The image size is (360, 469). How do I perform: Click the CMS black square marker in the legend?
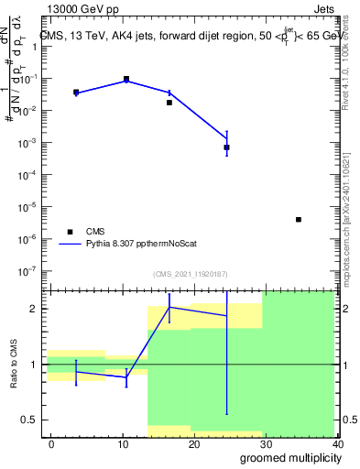pyautogui.click(x=67, y=232)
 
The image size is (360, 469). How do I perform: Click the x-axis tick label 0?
pyautogui.click(x=51, y=444)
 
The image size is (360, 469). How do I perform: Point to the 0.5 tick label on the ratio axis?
pyautogui.click(x=29, y=420)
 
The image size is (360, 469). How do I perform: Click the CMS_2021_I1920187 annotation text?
pyautogui.click(x=191, y=274)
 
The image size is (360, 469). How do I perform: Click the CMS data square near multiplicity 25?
pyautogui.click(x=226, y=147)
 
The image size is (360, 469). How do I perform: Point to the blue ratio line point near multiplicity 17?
pyautogui.click(x=169, y=307)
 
